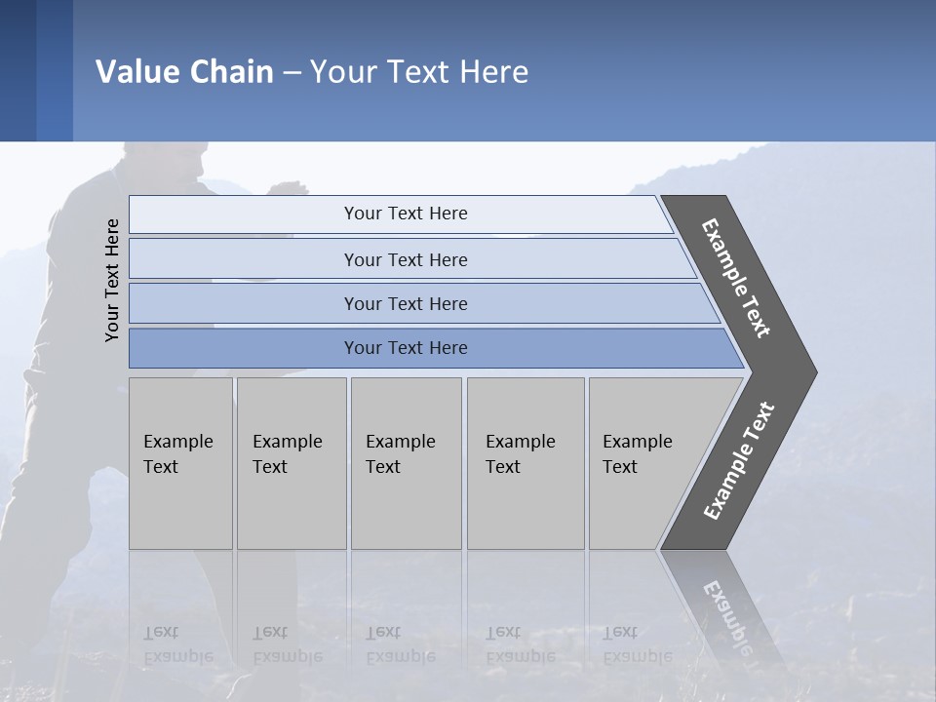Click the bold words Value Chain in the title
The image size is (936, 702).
click(x=184, y=72)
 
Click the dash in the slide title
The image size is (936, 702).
click(x=292, y=72)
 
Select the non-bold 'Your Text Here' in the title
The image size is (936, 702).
click(x=419, y=72)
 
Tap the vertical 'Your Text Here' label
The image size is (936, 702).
click(x=112, y=281)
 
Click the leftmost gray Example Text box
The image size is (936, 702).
click(x=180, y=463)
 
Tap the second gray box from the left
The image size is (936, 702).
click(x=292, y=463)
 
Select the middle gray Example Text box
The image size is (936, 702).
click(x=406, y=463)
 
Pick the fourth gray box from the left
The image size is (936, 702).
click(x=526, y=463)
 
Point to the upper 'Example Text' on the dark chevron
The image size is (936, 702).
click(x=736, y=278)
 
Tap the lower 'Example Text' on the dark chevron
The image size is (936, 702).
click(x=739, y=461)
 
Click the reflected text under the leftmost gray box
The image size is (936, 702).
click(x=178, y=644)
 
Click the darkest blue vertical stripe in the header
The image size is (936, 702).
click(x=18, y=70)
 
